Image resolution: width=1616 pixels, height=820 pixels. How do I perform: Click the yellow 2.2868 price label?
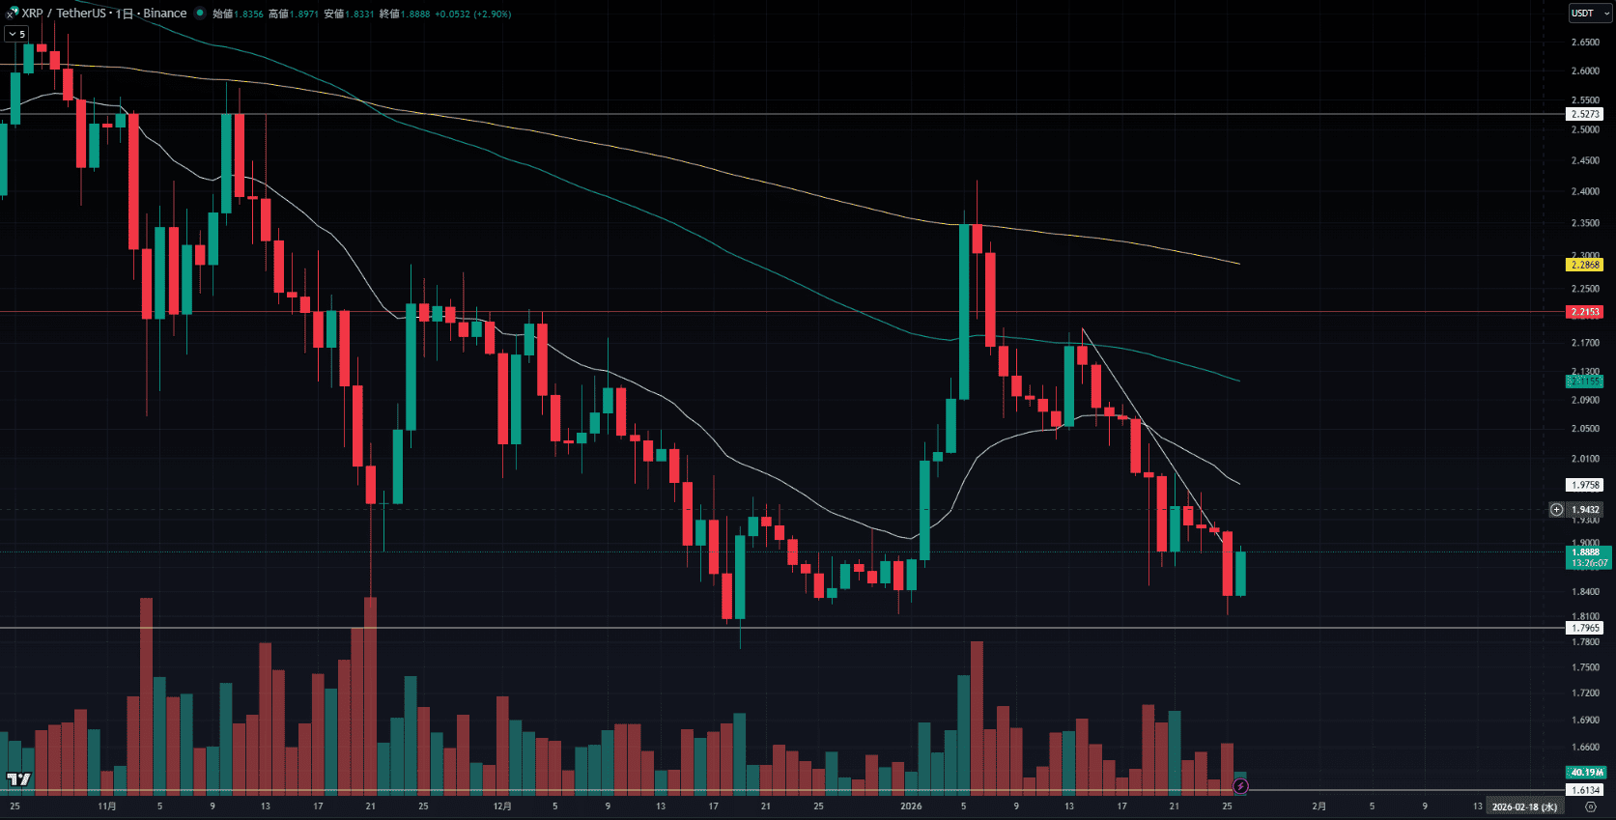[x=1585, y=265]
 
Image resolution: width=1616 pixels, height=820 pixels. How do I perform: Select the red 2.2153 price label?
[x=1585, y=312]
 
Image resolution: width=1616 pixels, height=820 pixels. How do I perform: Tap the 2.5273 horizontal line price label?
[x=1585, y=114]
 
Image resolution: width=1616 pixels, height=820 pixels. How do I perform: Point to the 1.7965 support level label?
[x=1585, y=628]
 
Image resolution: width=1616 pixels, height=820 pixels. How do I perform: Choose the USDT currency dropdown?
[x=1589, y=13]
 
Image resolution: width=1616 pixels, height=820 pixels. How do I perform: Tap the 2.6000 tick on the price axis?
[x=1585, y=71]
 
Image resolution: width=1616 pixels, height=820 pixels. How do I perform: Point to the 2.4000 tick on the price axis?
[x=1585, y=191]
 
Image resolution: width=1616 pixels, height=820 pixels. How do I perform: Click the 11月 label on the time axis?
[x=107, y=806]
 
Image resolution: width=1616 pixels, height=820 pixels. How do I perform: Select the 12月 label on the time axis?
[x=502, y=806]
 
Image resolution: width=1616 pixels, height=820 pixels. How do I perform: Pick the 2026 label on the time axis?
[x=911, y=806]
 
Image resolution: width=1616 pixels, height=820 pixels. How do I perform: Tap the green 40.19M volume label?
[x=1586, y=772]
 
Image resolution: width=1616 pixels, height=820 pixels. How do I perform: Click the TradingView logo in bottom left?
[x=18, y=778]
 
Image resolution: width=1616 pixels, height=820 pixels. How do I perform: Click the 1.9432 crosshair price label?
[x=1585, y=509]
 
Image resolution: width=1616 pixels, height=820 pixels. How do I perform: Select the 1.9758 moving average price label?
[x=1585, y=485]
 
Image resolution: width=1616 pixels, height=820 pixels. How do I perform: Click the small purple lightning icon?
[x=1240, y=786]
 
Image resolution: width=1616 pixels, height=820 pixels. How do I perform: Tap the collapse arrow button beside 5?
[x=12, y=34]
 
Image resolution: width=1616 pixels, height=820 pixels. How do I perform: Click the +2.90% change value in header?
[x=493, y=14]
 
